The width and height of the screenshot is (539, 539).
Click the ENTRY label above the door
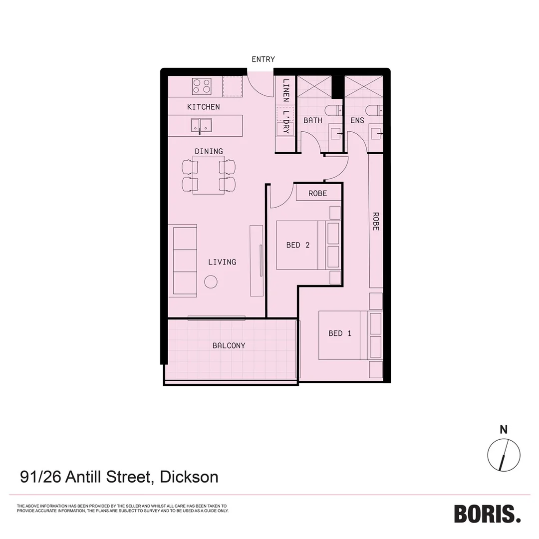coord(263,59)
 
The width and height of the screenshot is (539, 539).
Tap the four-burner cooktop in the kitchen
coord(202,86)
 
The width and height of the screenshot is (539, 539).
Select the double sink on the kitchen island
coord(201,125)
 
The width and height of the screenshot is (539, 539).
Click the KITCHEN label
coord(203,107)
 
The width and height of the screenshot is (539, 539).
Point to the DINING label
coord(209,151)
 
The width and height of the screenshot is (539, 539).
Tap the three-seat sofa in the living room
coord(183,261)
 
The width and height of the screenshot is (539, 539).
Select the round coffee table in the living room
coord(211,282)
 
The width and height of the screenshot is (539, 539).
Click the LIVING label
coord(222,262)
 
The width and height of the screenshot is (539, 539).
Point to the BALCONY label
coord(229,345)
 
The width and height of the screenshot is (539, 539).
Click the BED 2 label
coord(298,245)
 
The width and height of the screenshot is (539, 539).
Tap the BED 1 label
coord(340,333)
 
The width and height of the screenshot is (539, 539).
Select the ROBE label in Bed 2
coord(317,193)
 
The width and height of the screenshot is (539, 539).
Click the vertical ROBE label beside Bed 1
coord(376,221)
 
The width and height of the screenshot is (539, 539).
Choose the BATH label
coord(313,120)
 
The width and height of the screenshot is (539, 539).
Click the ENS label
coord(357,120)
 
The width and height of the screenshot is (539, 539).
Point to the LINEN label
coord(286,90)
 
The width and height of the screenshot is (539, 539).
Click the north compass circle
coord(504,455)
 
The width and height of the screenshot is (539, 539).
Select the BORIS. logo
coord(487,514)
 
